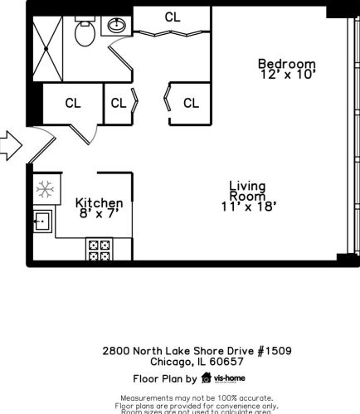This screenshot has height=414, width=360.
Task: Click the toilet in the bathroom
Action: coord(84,33)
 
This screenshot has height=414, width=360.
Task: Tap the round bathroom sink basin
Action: coord(116,25)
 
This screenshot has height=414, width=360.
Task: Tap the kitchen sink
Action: coord(42,221)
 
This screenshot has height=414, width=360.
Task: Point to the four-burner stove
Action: coord(99,249)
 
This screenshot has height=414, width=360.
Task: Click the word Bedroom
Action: coord(286,64)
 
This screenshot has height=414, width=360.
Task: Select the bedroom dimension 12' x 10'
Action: coord(286,75)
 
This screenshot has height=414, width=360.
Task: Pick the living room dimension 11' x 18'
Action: coord(247,207)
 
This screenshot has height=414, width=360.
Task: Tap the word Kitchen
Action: coord(99,203)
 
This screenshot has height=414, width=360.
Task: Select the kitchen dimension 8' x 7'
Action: coord(99,215)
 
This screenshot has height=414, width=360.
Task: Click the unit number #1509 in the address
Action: coord(274,351)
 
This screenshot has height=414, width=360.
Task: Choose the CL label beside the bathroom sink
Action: coord(173,17)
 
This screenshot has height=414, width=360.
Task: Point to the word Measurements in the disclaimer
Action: coord(151,399)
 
